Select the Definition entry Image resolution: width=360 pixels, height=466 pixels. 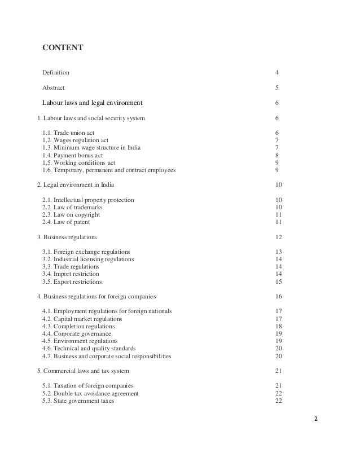pyautogui.click(x=56, y=73)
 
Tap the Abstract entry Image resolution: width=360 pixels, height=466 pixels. pyautogui.click(x=53, y=88)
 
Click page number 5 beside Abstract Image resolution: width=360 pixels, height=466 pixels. pyautogui.click(x=276, y=88)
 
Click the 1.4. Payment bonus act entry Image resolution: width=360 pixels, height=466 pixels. pyautogui.click(x=76, y=155)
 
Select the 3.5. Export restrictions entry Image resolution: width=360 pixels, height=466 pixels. pyautogui.click(x=72, y=282)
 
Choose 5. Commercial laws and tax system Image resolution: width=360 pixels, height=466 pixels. pyautogui.click(x=82, y=371)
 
